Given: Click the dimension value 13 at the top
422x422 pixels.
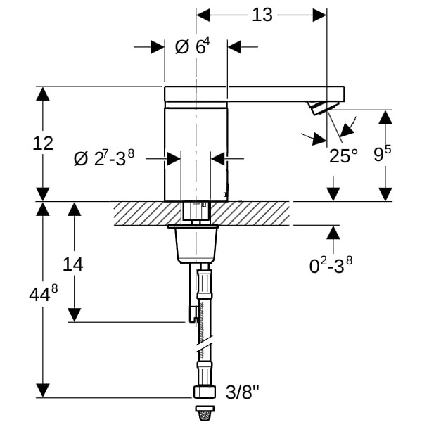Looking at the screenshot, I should (x=262, y=15).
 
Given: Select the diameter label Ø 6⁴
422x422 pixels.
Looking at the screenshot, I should (x=191, y=46).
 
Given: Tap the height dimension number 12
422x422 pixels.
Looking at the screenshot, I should (x=43, y=143).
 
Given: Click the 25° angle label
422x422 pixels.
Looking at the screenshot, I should (x=344, y=155).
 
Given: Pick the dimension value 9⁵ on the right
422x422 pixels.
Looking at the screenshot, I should (x=383, y=154).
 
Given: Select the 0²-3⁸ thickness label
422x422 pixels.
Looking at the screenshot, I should (x=331, y=265).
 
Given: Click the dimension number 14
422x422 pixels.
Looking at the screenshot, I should (x=72, y=264).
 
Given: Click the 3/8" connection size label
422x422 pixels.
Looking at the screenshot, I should (x=241, y=392).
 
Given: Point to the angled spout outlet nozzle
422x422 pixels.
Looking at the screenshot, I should (x=321, y=108).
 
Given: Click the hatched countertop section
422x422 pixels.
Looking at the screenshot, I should (x=204, y=213).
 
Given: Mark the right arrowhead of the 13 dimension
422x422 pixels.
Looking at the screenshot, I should (x=320, y=15).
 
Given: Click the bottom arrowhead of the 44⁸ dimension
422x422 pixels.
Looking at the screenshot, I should (x=44, y=390).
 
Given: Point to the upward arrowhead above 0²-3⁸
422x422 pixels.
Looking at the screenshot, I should (x=333, y=233).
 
